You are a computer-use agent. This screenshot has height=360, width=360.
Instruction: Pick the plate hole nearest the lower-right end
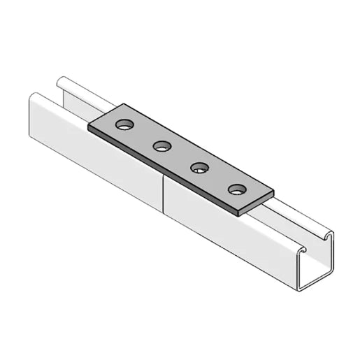click(x=238, y=189)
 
